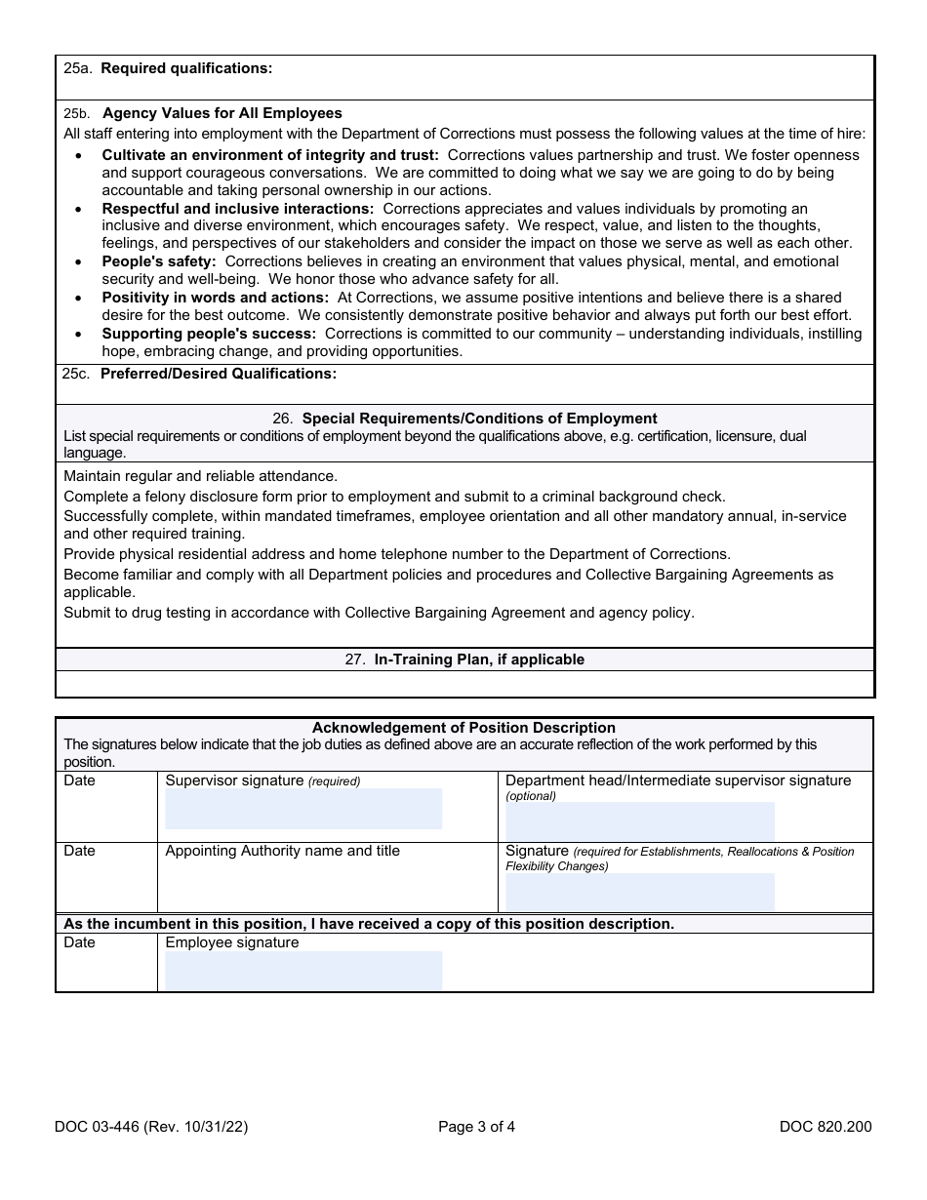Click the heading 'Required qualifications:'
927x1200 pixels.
coord(186,68)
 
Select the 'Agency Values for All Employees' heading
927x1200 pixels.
coord(222,113)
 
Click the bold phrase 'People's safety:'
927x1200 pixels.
coord(158,261)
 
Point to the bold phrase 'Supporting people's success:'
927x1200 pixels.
coord(209,334)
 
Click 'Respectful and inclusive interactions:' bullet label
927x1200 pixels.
coord(238,209)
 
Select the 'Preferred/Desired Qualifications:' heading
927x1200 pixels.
coord(219,374)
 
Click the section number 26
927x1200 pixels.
coord(282,419)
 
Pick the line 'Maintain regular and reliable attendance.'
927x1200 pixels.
coord(200,476)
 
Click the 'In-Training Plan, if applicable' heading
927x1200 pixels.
coord(479,660)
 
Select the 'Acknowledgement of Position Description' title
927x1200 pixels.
coord(463,728)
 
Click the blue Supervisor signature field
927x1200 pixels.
coord(303,809)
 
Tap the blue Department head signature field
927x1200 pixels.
coord(639,821)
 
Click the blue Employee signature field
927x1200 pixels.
coord(303,971)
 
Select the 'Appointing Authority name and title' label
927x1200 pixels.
coord(282,851)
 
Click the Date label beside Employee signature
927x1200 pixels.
coord(79,943)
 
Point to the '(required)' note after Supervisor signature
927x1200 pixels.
coord(335,781)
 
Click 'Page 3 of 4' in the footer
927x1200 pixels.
coord(476,1127)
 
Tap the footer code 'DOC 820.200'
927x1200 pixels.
coord(826,1127)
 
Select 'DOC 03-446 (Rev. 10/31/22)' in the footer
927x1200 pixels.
coord(151,1127)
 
